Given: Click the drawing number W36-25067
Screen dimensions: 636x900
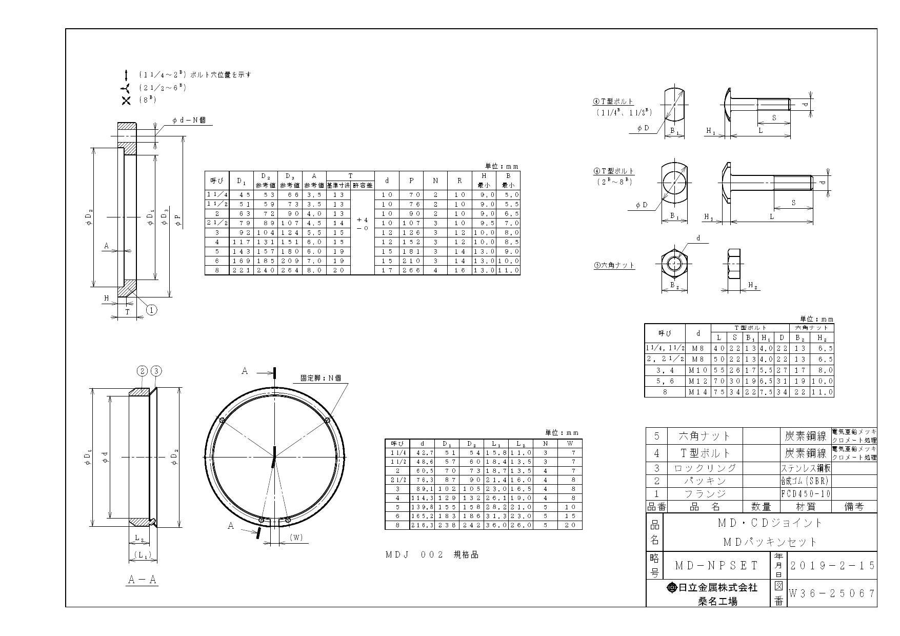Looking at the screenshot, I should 831,594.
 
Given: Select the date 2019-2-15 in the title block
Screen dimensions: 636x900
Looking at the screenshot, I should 831,565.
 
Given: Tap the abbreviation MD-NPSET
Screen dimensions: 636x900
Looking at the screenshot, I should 716,566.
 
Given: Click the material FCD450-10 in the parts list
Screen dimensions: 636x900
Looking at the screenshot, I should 805,494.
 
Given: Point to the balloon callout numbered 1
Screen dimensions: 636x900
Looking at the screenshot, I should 151,309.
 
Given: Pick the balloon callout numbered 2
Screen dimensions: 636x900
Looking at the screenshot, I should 142,371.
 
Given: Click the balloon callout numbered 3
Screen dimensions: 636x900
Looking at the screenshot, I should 156,371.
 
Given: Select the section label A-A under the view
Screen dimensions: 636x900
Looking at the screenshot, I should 142,580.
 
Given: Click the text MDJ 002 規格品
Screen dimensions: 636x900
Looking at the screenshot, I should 432,555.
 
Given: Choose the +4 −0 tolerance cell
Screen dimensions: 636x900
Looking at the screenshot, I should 363,224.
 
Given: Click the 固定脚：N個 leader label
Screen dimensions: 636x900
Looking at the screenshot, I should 321,379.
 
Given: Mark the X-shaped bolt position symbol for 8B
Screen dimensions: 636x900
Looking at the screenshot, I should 126,101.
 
